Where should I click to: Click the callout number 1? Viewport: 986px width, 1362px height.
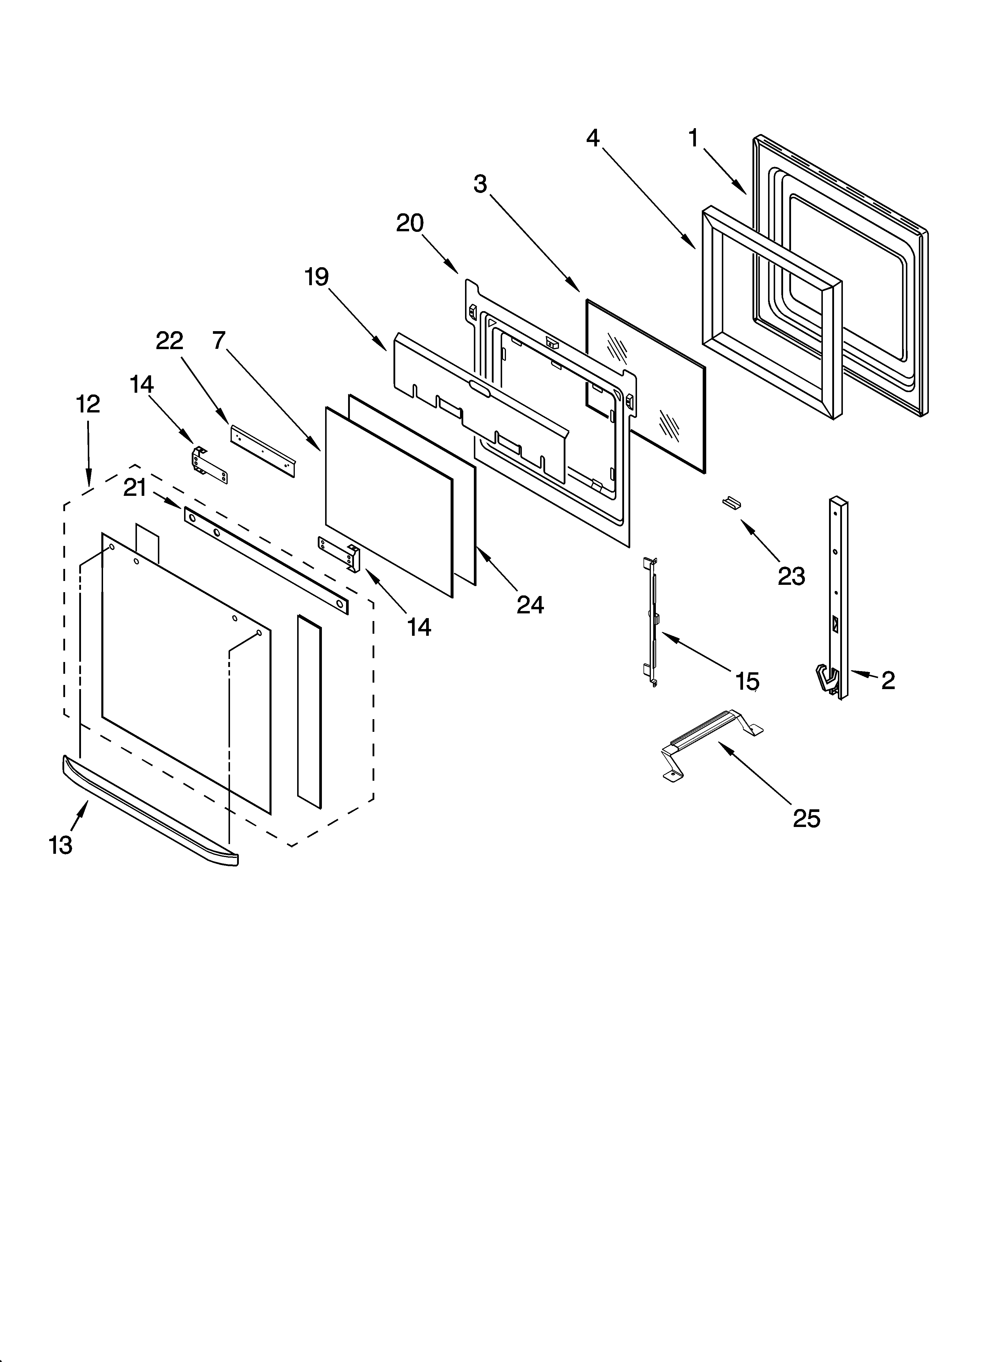coord(694,139)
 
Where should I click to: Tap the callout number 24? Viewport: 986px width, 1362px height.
coord(530,605)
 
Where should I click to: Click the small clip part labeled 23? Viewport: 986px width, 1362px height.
coord(731,502)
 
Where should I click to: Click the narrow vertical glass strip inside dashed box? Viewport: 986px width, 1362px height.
coord(309,711)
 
